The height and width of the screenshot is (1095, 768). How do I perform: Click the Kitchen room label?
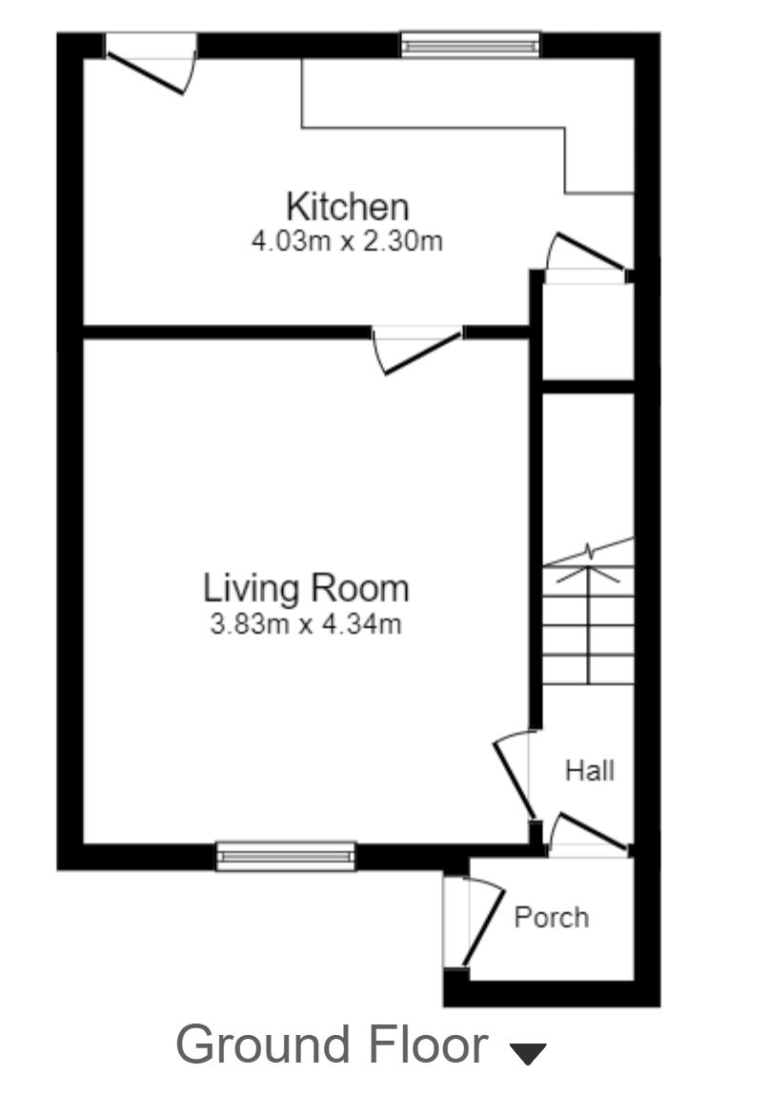(348, 206)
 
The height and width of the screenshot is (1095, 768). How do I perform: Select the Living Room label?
(306, 587)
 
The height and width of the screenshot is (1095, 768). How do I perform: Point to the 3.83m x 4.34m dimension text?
(305, 626)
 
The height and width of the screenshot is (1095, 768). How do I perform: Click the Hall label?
(590, 770)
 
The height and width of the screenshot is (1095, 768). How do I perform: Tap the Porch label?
(552, 917)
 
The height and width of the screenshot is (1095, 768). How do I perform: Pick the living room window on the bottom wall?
(286, 856)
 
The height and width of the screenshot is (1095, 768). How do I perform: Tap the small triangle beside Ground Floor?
(528, 1053)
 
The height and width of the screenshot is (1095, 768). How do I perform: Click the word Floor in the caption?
(427, 1044)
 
